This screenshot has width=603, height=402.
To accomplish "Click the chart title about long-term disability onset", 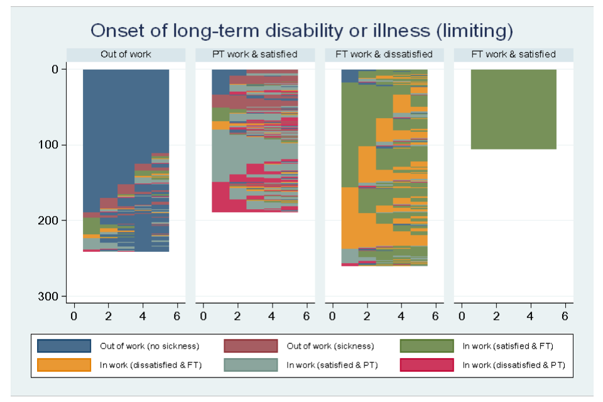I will pos(301,31).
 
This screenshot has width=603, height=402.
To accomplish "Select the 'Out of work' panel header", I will pos(126,55).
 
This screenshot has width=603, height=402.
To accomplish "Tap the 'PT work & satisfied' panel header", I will pos(254,55).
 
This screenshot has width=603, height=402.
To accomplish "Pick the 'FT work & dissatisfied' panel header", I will pos(384,55).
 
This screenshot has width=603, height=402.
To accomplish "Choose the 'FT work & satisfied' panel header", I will pos(513,55).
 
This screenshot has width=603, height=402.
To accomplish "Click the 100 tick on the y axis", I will pos(50,145).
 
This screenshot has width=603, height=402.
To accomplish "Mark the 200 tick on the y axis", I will pos(50,220).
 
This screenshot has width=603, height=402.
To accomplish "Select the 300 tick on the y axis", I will pos(50,296).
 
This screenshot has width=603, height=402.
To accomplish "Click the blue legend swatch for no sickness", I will pos(64,346).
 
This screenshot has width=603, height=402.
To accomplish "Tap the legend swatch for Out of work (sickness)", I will pos(251,346).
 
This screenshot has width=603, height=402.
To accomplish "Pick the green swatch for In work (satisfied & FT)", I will pos(426,346).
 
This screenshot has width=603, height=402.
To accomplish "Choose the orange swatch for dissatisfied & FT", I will pos(64,364).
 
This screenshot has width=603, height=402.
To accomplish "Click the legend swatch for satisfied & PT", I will pos(251,364).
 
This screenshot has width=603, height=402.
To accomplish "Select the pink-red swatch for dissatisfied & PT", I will pos(426,364).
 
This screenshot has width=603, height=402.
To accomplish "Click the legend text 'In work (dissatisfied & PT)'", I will pos(514,365).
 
